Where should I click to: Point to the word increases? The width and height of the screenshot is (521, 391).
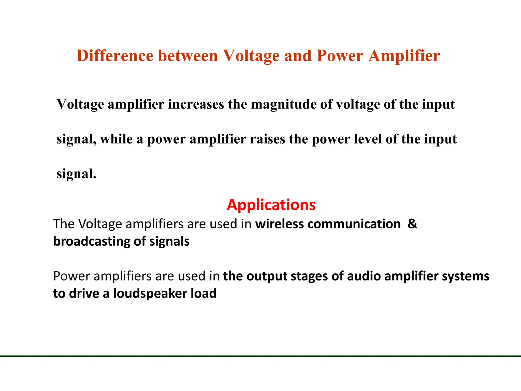(196, 104)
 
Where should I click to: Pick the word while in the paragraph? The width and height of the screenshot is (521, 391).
(116, 139)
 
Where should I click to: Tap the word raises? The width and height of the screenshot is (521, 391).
(268, 139)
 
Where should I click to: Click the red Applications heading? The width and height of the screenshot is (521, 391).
(271, 205)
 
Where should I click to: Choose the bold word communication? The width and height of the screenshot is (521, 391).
(354, 224)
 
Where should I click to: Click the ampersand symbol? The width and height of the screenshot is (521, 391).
(412, 224)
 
